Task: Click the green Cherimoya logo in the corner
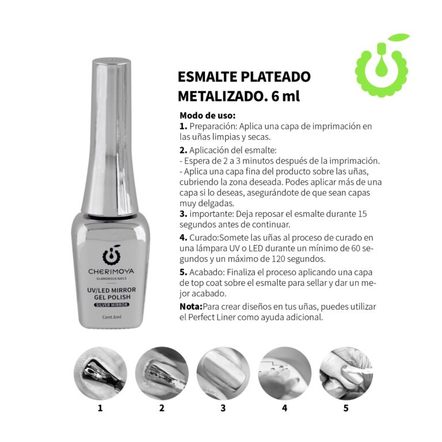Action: click(x=382, y=66)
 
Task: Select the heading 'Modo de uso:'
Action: click(x=207, y=115)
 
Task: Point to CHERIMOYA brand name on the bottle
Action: click(x=111, y=272)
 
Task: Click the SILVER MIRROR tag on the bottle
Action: click(x=112, y=304)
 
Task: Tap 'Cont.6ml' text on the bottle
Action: click(x=112, y=317)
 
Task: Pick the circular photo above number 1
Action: click(x=100, y=373)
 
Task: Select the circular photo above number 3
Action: click(x=223, y=373)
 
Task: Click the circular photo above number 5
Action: click(x=346, y=373)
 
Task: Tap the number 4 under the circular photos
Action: click(x=285, y=408)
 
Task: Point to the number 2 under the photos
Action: click(x=162, y=408)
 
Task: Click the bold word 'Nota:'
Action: click(x=191, y=306)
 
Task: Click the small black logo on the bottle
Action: click(x=112, y=255)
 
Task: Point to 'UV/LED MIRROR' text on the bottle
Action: click(x=112, y=290)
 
